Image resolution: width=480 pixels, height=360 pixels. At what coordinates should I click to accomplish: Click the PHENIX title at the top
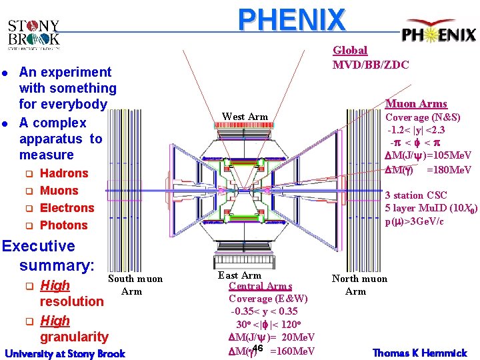293,20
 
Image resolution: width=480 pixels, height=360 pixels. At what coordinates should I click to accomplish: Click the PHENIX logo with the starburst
438,34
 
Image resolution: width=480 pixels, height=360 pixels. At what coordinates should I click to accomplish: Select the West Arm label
245,117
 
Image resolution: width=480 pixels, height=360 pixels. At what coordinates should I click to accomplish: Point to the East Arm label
239,275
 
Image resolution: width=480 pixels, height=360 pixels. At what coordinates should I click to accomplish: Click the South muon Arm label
135,285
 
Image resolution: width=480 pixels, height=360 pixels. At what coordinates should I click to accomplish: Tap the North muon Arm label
359,285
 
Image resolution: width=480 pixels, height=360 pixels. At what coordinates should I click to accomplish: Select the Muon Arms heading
417,103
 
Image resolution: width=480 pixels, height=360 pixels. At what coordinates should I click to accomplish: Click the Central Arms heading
260,286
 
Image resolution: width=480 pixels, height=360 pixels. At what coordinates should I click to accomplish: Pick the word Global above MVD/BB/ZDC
350,50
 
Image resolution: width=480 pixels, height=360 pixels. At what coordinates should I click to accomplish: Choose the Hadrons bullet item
64,173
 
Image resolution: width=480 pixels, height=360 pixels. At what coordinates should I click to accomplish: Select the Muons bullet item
59,191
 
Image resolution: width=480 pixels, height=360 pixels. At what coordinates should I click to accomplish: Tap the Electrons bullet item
67,208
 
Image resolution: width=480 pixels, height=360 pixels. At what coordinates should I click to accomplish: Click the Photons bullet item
64,225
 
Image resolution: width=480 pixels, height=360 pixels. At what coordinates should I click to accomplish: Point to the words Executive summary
48,255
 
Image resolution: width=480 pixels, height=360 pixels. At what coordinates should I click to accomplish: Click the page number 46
259,349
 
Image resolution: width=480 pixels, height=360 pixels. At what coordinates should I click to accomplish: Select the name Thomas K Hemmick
419,352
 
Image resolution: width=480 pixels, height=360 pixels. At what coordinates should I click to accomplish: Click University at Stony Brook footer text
65,353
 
